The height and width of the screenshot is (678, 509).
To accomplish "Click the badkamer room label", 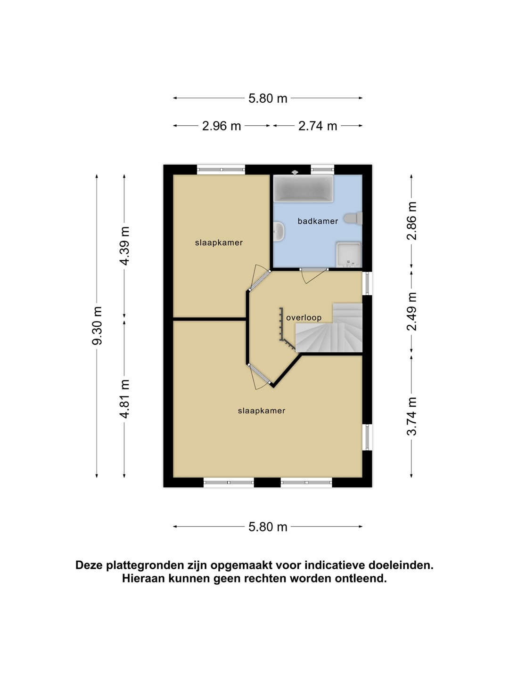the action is click(x=317, y=221).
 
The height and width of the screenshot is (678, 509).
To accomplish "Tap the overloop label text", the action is click(x=304, y=317).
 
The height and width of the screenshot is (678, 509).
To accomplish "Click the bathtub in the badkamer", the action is click(x=303, y=188).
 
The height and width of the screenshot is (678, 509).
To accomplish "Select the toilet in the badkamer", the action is click(x=353, y=218).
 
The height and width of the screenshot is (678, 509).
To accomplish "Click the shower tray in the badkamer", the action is click(x=349, y=255).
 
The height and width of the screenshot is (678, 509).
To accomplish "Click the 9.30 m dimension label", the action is click(x=97, y=326).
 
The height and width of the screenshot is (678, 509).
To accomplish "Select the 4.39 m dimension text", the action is click(x=124, y=246).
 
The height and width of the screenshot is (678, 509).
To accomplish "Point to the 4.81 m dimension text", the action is click(x=124, y=399).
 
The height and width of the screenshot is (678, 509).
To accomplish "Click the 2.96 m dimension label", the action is click(x=222, y=126).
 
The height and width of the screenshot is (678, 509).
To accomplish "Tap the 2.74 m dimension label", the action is click(x=317, y=126).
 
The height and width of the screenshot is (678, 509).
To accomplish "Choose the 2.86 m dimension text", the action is click(x=411, y=221).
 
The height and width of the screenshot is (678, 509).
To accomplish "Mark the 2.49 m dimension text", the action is click(x=411, y=311).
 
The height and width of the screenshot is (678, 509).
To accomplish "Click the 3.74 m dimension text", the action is click(x=411, y=416).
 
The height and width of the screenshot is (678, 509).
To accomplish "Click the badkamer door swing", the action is click(x=313, y=276).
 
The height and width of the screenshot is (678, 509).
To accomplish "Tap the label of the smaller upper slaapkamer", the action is click(x=219, y=243).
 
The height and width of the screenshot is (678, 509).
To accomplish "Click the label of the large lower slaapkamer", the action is click(x=262, y=411).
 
